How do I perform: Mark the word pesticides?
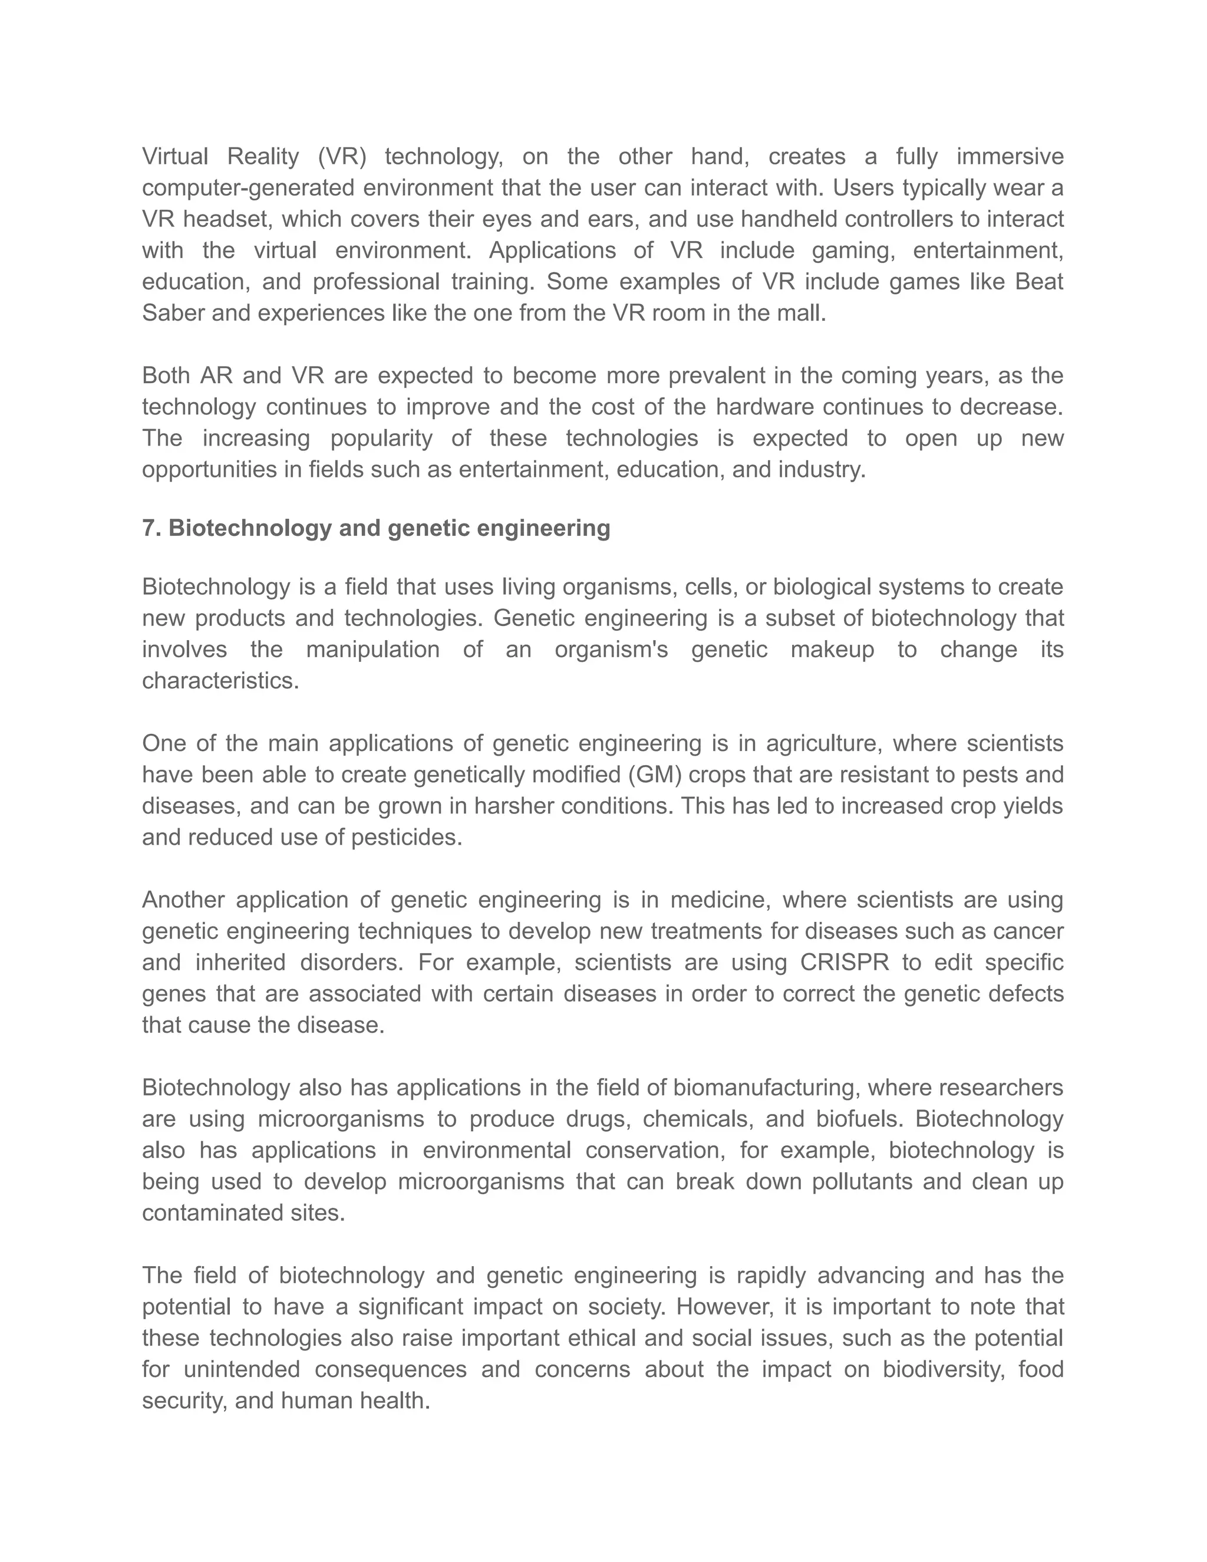pos(405,838)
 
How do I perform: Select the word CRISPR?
pos(845,963)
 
